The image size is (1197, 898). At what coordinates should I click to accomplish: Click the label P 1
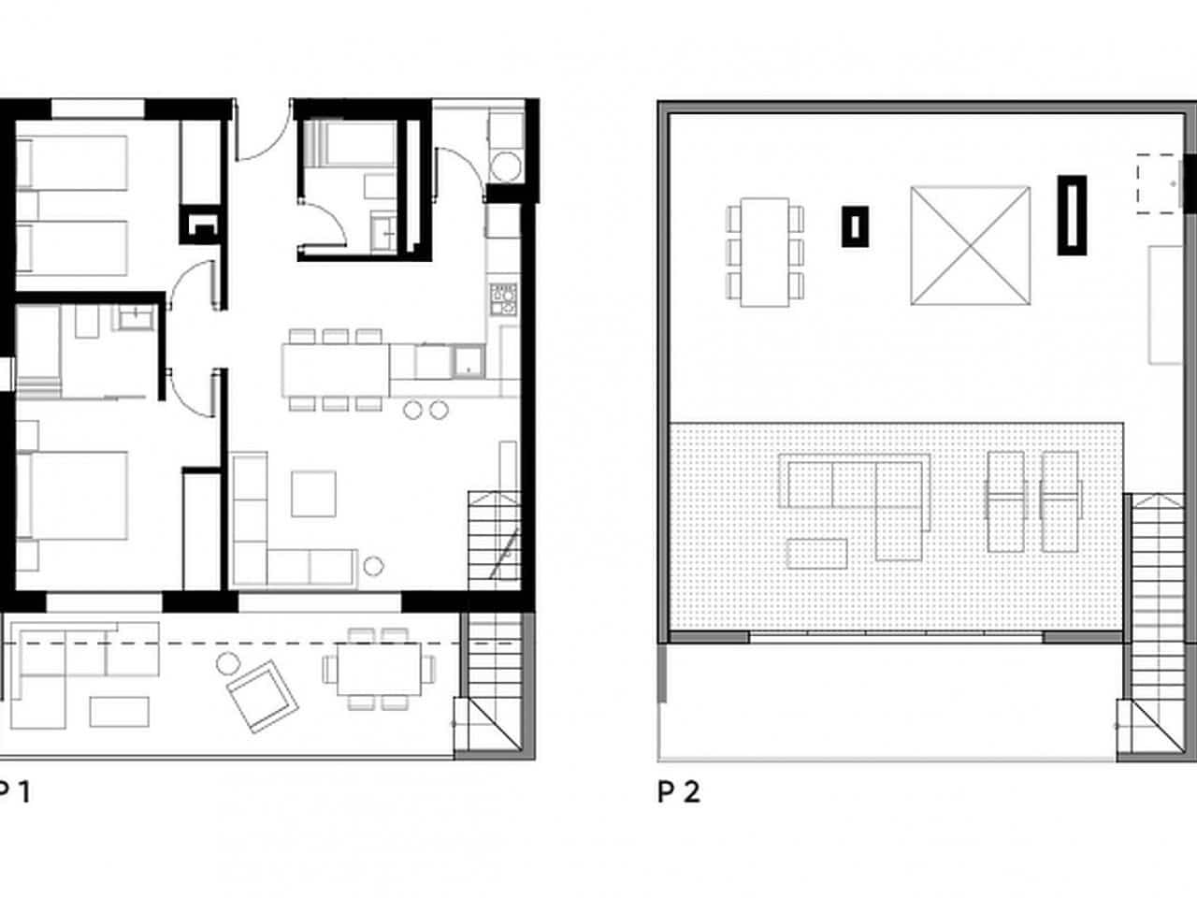[x=14, y=792]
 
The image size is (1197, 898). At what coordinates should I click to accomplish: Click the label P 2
[x=678, y=792]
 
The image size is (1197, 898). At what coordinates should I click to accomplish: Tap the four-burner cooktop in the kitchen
[x=502, y=297]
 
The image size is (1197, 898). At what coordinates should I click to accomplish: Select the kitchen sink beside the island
[x=467, y=360]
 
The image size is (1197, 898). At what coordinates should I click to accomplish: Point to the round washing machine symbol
[x=506, y=167]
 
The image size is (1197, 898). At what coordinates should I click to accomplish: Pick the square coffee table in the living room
[x=313, y=493]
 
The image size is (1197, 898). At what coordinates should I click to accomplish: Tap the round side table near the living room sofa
[x=373, y=565]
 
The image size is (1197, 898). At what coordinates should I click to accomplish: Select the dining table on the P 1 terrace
[x=380, y=669]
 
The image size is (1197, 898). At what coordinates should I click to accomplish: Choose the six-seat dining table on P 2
[x=765, y=252]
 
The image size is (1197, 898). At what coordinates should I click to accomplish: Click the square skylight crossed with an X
[x=971, y=245]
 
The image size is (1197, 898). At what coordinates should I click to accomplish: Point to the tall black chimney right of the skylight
[x=1072, y=214]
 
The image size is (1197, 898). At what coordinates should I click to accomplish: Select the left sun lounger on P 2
[x=1005, y=486]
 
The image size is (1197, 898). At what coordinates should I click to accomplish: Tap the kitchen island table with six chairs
[x=336, y=369]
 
